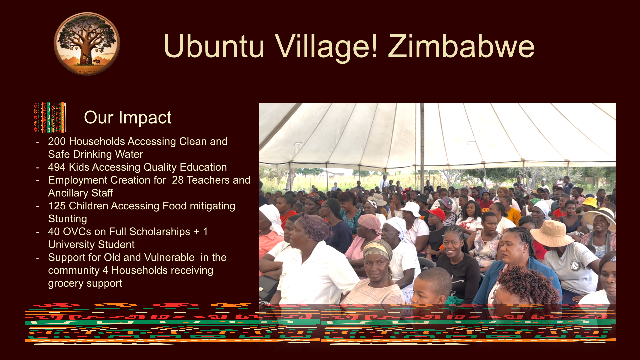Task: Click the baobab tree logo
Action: pos(87,44)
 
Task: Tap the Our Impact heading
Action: pos(128,117)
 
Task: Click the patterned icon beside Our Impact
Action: pos(50,117)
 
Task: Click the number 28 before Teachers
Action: pos(178,180)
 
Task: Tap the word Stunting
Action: pos(68,219)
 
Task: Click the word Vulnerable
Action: pos(174,257)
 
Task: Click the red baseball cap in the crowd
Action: pos(436,214)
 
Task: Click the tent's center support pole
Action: pos(422,143)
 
